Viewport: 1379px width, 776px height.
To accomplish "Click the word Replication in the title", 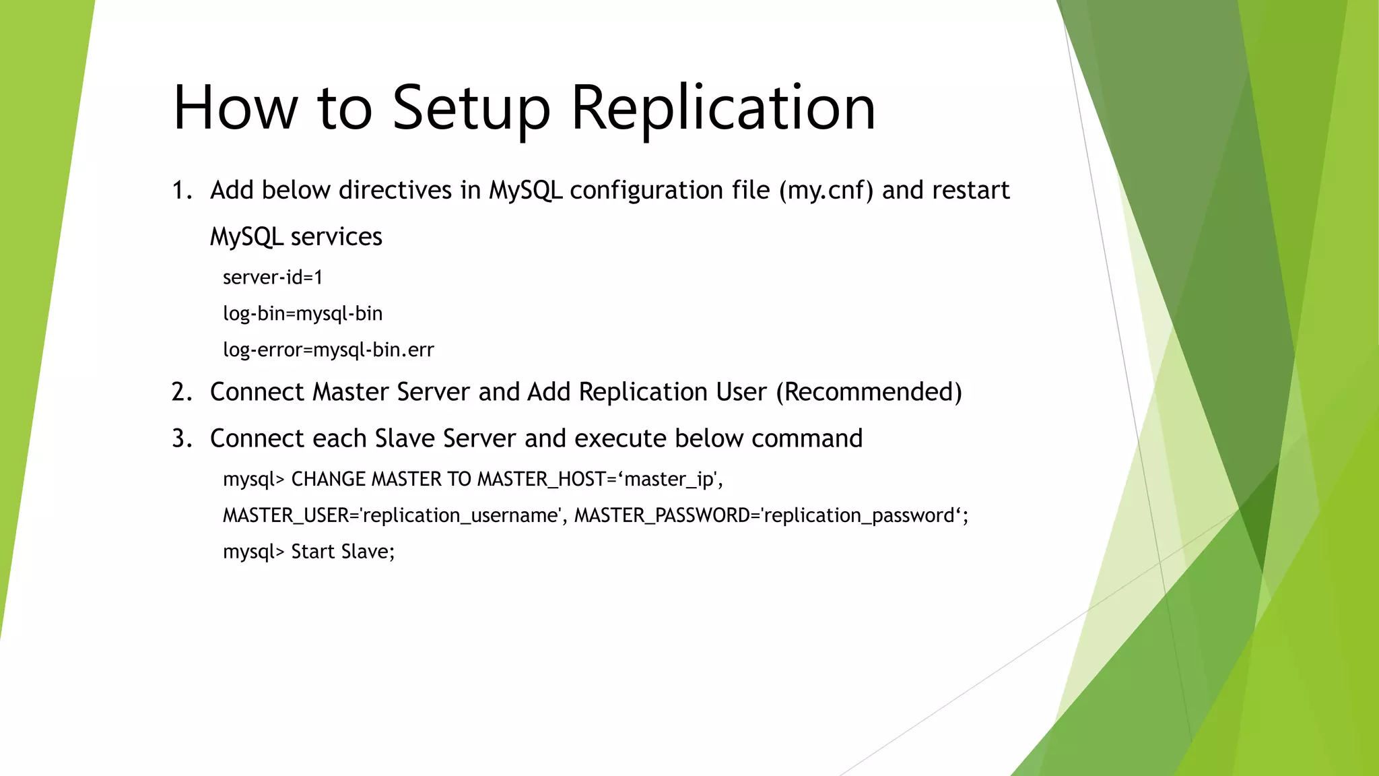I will click(723, 108).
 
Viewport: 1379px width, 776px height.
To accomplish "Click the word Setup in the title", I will click(471, 108).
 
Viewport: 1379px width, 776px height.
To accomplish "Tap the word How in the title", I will click(235, 108).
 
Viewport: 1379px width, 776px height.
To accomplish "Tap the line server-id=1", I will click(273, 277).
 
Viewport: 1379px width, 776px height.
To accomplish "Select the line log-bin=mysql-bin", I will click(302, 313).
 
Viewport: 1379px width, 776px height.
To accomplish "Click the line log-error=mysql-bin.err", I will click(328, 350).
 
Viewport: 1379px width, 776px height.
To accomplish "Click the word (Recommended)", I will click(869, 392).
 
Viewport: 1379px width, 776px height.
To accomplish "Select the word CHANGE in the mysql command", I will click(329, 479).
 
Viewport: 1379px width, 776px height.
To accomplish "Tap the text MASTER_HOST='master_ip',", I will click(599, 479).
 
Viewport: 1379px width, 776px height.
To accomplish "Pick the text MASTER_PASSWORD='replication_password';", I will click(771, 515).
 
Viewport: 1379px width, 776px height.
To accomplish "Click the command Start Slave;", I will click(343, 552).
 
